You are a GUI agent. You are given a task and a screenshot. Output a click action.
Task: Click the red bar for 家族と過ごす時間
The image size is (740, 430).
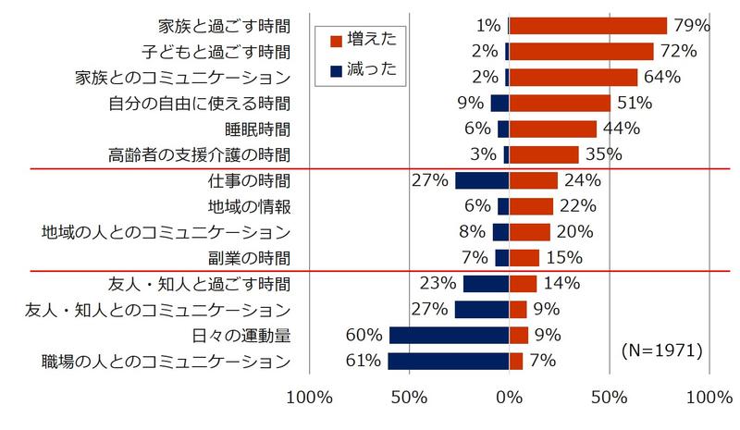pyautogui.click(x=587, y=26)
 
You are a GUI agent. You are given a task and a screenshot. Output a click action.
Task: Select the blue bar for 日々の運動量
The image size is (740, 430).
pyautogui.click(x=449, y=335)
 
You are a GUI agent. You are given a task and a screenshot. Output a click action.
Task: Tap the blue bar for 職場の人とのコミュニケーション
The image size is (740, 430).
pyautogui.click(x=448, y=361)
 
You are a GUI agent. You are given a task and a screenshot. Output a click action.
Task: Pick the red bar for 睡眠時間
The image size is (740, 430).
pyautogui.click(x=553, y=129)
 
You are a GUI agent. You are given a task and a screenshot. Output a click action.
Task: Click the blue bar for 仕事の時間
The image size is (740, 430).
pyautogui.click(x=482, y=180)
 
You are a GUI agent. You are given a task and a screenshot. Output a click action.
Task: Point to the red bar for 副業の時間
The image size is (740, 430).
pyautogui.click(x=524, y=257)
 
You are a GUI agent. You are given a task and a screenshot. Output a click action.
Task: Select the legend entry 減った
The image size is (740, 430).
pyautogui.click(x=353, y=70)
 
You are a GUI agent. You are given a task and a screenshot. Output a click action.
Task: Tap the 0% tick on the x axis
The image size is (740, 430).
pyautogui.click(x=509, y=399)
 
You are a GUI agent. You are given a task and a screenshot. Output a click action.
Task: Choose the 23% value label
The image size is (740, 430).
pyautogui.click(x=438, y=283)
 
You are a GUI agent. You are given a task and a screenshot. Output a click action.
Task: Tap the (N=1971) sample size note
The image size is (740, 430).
pyautogui.click(x=660, y=350)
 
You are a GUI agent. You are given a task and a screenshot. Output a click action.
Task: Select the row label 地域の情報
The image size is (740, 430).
pyautogui.click(x=247, y=206)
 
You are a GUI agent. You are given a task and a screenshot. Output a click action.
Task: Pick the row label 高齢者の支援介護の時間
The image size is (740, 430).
pyautogui.click(x=199, y=154)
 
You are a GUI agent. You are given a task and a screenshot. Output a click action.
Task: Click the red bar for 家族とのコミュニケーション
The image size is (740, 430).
pyautogui.click(x=573, y=77)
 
